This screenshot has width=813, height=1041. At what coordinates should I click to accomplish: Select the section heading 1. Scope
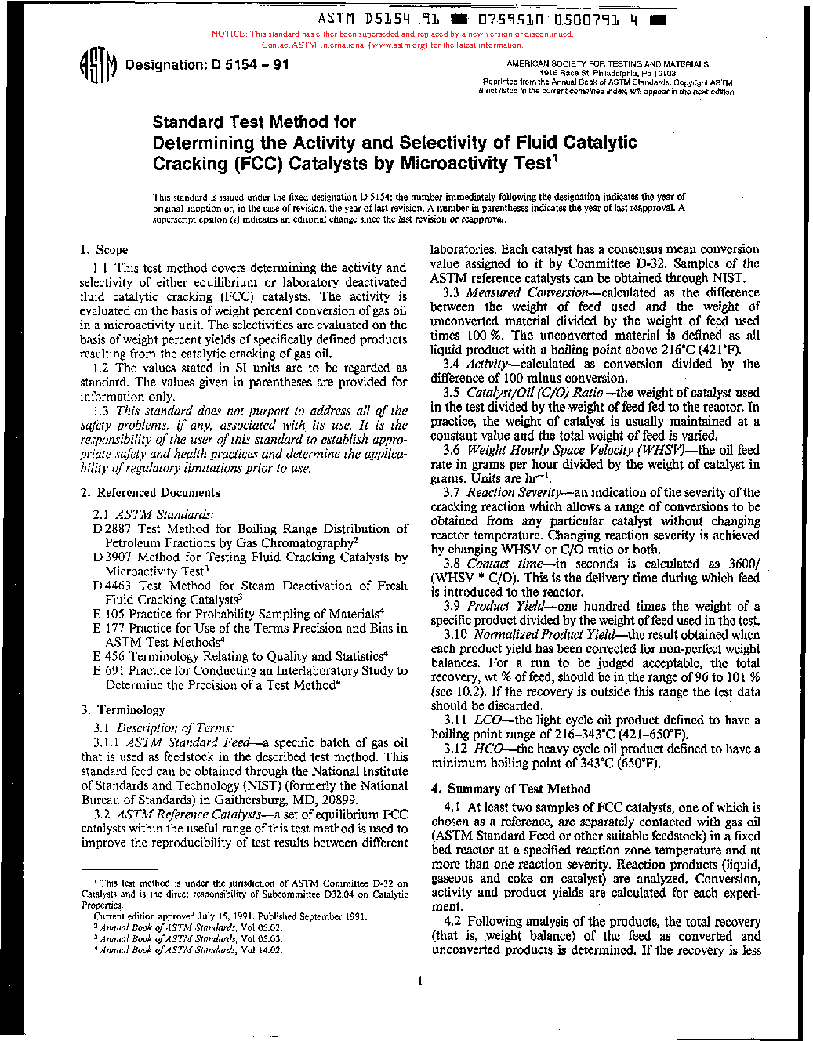[103, 250]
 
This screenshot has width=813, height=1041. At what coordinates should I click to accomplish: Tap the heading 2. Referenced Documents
[150, 493]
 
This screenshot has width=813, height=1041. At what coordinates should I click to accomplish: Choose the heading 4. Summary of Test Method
[510, 789]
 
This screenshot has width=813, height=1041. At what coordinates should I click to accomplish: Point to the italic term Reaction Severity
[514, 492]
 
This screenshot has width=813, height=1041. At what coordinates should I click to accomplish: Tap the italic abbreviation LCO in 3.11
[488, 720]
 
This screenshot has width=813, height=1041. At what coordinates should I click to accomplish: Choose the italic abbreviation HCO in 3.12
[489, 749]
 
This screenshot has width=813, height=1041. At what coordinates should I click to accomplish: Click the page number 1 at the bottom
[420, 981]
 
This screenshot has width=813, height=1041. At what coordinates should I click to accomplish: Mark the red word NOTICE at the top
[229, 34]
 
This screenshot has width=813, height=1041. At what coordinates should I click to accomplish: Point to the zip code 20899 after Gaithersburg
[339, 800]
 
